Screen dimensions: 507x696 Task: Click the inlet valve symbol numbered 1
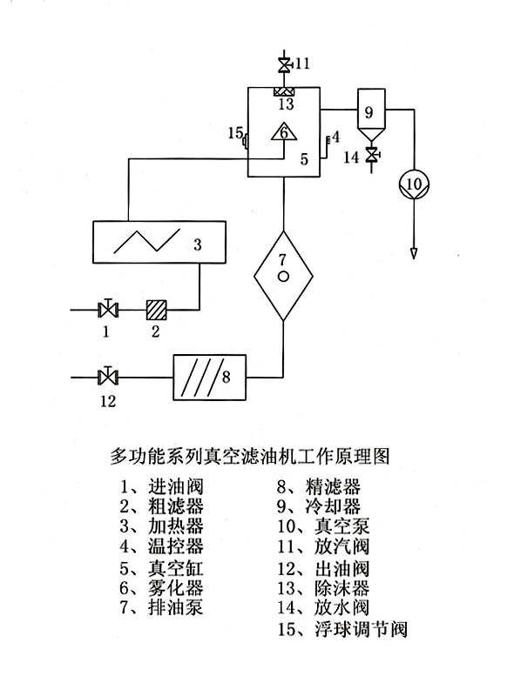point(108,309)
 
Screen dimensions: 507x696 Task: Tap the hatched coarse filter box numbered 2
point(157,310)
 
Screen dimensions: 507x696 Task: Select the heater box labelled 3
point(159,242)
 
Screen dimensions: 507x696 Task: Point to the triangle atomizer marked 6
point(284,132)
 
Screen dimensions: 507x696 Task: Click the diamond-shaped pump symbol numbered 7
point(283,276)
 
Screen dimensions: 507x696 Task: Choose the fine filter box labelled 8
point(209,378)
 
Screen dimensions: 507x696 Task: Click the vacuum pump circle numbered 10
point(414,184)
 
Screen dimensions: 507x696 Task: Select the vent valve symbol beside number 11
point(284,65)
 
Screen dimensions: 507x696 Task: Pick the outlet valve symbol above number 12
point(107,378)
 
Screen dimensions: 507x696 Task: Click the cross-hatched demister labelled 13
point(284,92)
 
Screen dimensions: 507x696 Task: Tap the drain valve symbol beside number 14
point(371,155)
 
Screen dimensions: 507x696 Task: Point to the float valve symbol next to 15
point(245,142)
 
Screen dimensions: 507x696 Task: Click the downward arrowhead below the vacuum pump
point(414,254)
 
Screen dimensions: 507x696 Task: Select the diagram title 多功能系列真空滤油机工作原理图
point(249,456)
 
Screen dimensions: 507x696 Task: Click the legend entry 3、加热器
point(161,526)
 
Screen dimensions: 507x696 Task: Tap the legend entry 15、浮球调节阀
point(342,628)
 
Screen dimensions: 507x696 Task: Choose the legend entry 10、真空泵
point(323,526)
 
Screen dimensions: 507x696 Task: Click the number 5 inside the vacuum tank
point(304,159)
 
